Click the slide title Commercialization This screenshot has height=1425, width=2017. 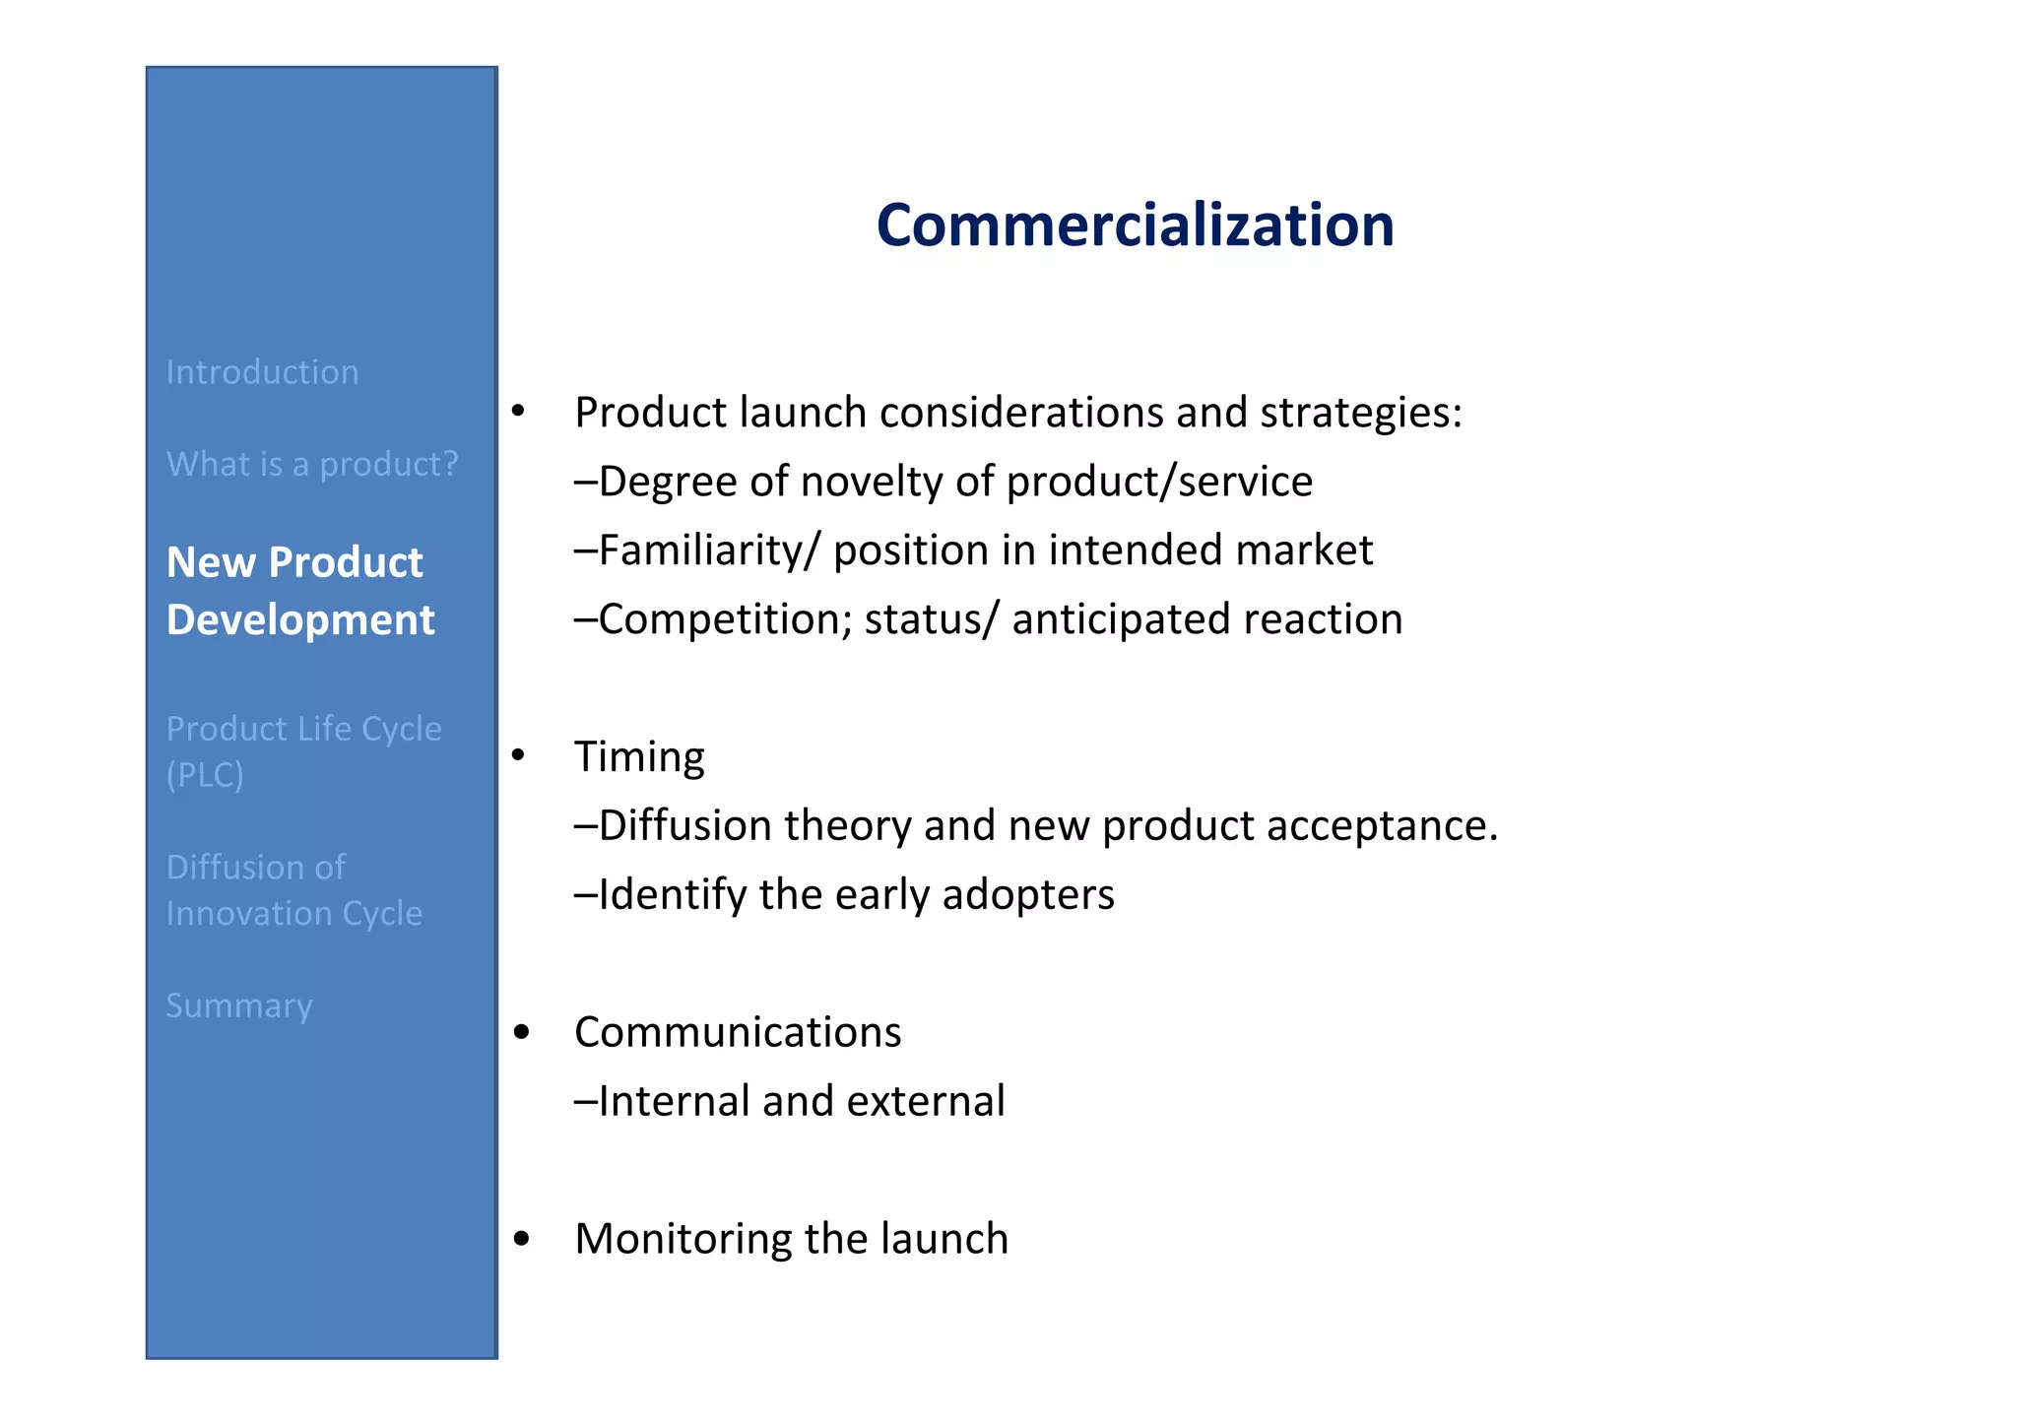1135,225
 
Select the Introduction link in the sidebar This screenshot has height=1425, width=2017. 262,372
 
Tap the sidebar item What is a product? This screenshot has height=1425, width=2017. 312,464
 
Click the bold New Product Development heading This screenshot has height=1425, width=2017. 299,591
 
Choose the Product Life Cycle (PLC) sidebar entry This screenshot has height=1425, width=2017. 303,750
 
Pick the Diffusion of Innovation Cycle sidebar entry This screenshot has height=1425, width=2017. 293,889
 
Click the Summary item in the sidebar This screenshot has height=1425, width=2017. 239,1005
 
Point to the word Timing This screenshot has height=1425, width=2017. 639,757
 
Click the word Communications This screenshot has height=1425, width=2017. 738,1032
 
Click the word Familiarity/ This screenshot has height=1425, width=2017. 708,551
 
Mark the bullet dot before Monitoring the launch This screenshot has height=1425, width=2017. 522,1239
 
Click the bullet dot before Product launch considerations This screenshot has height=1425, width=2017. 518,410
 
